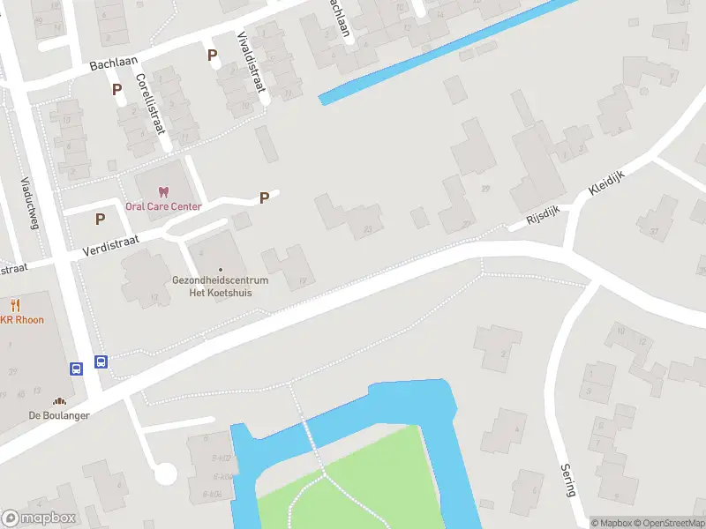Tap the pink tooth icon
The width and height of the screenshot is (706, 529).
tap(162, 191)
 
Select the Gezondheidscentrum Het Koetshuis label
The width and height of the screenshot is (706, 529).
tap(220, 287)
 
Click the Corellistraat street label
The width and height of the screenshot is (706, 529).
tap(151, 103)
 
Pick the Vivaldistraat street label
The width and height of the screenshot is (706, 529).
tap(252, 62)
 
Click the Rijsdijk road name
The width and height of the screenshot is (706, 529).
tap(545, 212)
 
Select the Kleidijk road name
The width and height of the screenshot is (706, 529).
tap(606, 182)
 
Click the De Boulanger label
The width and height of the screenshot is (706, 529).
tap(58, 415)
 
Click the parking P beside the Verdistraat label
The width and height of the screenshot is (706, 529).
tap(100, 219)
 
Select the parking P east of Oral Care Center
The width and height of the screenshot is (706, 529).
tap(263, 198)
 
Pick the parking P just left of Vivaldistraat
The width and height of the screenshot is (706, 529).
tap(212, 55)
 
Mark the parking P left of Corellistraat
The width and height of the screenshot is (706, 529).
tap(116, 89)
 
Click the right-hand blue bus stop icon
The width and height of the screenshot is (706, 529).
tap(101, 361)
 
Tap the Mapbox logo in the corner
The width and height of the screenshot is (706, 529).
tap(39, 518)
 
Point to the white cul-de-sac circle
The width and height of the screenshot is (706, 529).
tap(165, 474)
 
